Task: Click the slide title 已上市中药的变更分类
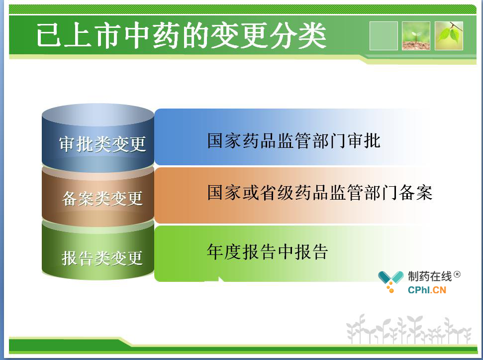pyautogui.click(x=182, y=36)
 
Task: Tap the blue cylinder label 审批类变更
pyautogui.click(x=102, y=144)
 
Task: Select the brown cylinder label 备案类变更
pyautogui.click(x=102, y=198)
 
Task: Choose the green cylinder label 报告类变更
pyautogui.click(x=102, y=257)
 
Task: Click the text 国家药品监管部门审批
pyautogui.click(x=293, y=141)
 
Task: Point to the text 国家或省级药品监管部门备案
pyautogui.click(x=319, y=193)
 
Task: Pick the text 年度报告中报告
pyautogui.click(x=267, y=252)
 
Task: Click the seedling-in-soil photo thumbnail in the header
pyautogui.click(x=416, y=36)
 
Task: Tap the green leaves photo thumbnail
pyautogui.click(x=449, y=36)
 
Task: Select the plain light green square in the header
pyautogui.click(x=384, y=36)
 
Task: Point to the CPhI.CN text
pyautogui.click(x=427, y=290)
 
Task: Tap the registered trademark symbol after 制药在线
pyautogui.click(x=457, y=274)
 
